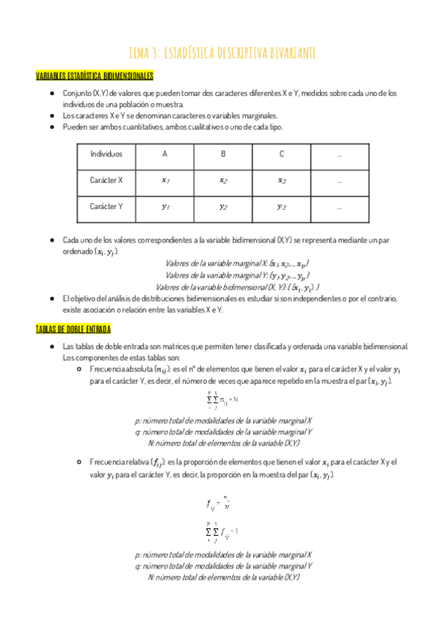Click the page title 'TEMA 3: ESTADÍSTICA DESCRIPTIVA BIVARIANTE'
[223, 51]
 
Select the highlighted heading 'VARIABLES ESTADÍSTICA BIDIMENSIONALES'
[95, 76]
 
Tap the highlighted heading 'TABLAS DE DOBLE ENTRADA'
[73, 329]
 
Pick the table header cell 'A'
[165, 154]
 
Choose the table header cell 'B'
[223, 154]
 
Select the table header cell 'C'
[281, 154]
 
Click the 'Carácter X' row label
[106, 180]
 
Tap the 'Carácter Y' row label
[106, 206]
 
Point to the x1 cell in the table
[165, 180]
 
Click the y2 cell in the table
[223, 207]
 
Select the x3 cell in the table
[281, 180]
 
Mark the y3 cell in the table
[281, 207]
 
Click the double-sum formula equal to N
[222, 400]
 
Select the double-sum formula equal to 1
[222, 531]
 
